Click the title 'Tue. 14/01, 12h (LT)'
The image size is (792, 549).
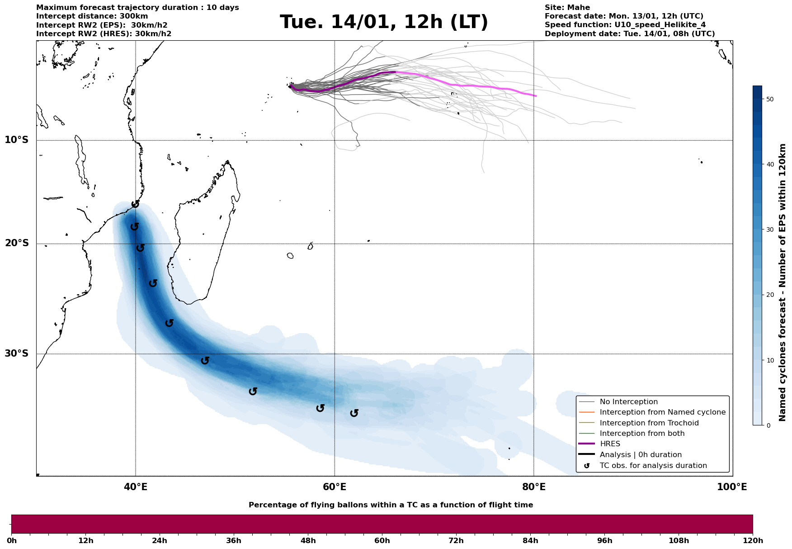pos(384,22)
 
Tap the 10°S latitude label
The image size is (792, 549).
pos(17,140)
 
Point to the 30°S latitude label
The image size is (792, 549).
pos(17,353)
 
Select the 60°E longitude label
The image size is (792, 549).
pos(335,487)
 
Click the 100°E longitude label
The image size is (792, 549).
pos(732,487)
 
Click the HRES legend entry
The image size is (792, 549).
pos(610,444)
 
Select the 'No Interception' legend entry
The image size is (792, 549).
pos(628,402)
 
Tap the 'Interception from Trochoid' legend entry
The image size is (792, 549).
pos(649,423)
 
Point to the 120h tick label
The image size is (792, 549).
pos(752,540)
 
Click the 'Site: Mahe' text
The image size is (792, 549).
pos(567,8)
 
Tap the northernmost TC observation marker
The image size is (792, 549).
pos(135,204)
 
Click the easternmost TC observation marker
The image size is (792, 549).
pos(354,413)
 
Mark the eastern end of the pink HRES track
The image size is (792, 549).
pos(536,96)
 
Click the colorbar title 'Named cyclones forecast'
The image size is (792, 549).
pos(783,282)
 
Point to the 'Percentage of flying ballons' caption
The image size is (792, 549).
pos(391,505)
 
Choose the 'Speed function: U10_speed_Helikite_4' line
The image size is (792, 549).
pos(625,25)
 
